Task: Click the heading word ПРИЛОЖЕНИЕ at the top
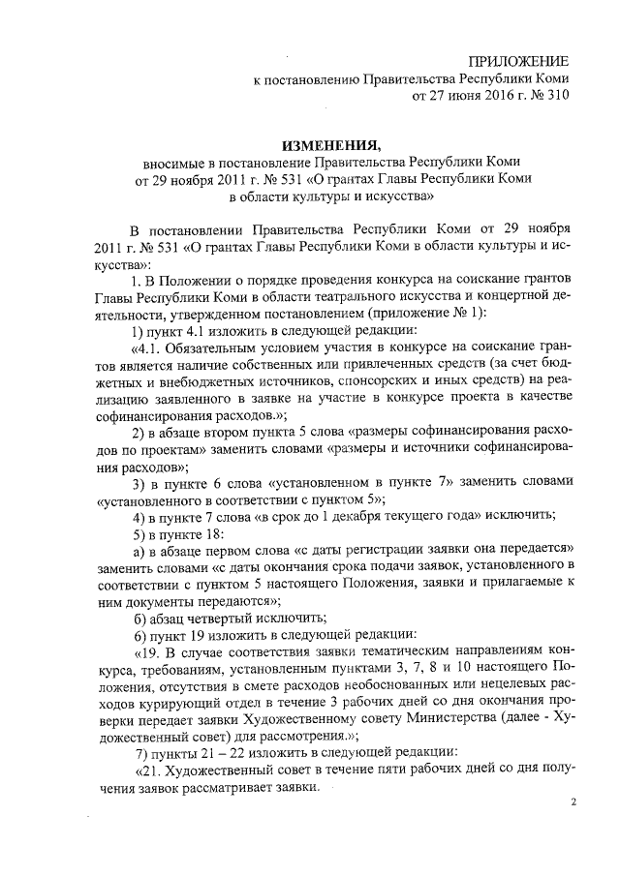tap(517, 60)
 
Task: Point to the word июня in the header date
tap(461, 95)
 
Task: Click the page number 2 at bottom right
tap(573, 802)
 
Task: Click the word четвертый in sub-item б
tap(215, 619)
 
